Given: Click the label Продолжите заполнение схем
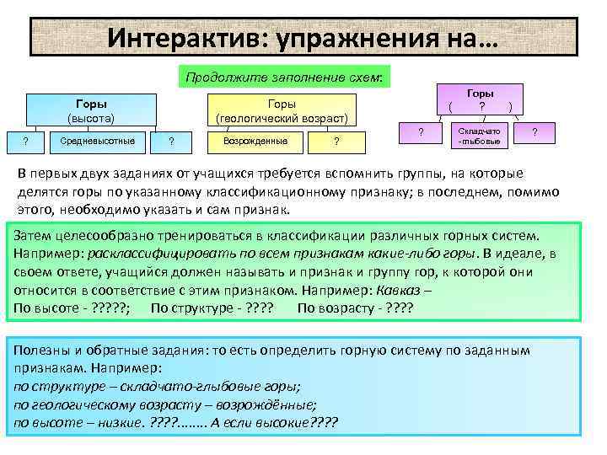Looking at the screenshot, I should point(284,77).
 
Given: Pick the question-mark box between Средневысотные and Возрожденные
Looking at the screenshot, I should point(171,141).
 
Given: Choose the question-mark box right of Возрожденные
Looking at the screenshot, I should point(336,141).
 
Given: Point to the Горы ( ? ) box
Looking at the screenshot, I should point(481,100).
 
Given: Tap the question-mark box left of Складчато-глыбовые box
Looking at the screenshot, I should point(421,132).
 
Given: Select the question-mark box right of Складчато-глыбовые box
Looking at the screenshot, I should point(534,132).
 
